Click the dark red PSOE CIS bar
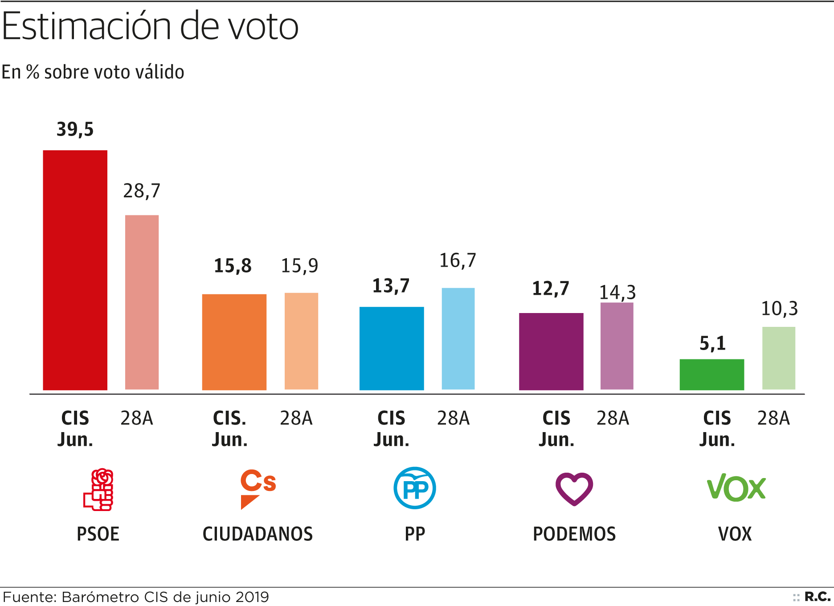[75, 270]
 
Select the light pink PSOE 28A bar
[142, 302]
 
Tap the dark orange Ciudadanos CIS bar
[234, 342]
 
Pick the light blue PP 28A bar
[458, 339]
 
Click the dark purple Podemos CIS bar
[551, 352]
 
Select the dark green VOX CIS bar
[711, 375]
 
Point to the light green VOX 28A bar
[779, 359]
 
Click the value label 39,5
[75, 129]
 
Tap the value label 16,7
[458, 260]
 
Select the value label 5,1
[712, 343]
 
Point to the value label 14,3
[617, 293]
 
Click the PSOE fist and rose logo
[99, 489]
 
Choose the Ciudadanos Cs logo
[258, 489]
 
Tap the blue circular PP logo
[415, 488]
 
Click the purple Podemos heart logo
[574, 489]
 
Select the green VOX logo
[736, 487]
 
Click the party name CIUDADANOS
[258, 534]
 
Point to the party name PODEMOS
[574, 534]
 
